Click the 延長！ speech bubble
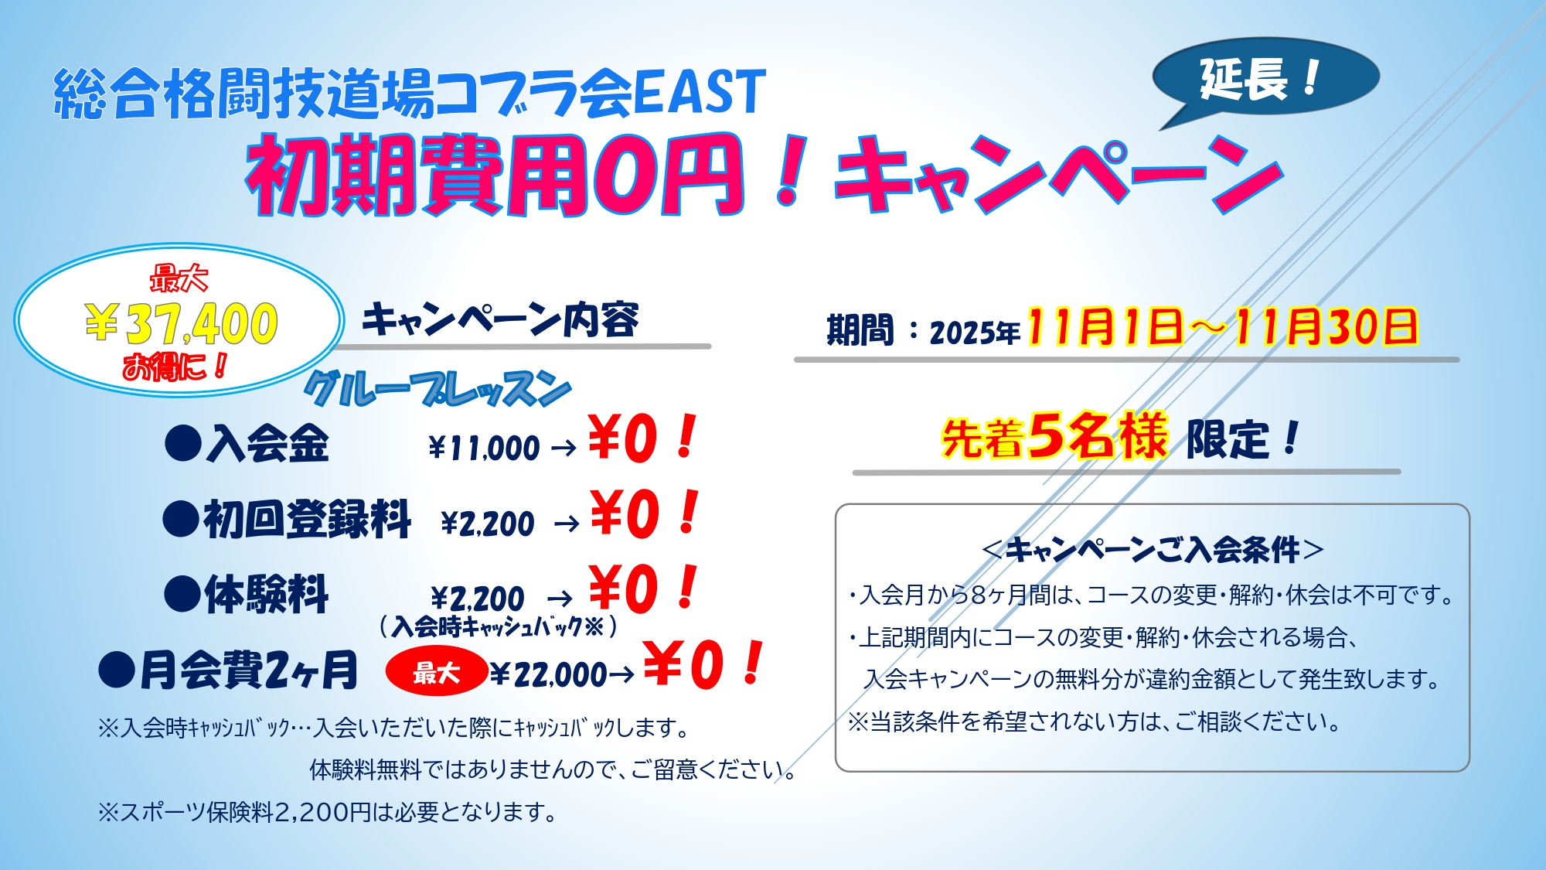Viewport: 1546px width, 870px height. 1266,77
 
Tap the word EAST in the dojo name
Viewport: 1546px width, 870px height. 699,92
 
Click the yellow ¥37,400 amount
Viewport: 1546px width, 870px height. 182,323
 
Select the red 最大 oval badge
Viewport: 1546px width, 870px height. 436,671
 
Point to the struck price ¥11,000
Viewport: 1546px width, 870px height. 484,448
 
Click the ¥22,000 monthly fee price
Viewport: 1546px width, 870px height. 549,674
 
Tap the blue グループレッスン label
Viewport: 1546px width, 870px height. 438,389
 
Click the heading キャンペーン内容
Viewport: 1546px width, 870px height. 500,319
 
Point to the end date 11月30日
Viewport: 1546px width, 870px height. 1325,326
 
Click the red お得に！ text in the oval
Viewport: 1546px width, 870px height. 175,367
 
